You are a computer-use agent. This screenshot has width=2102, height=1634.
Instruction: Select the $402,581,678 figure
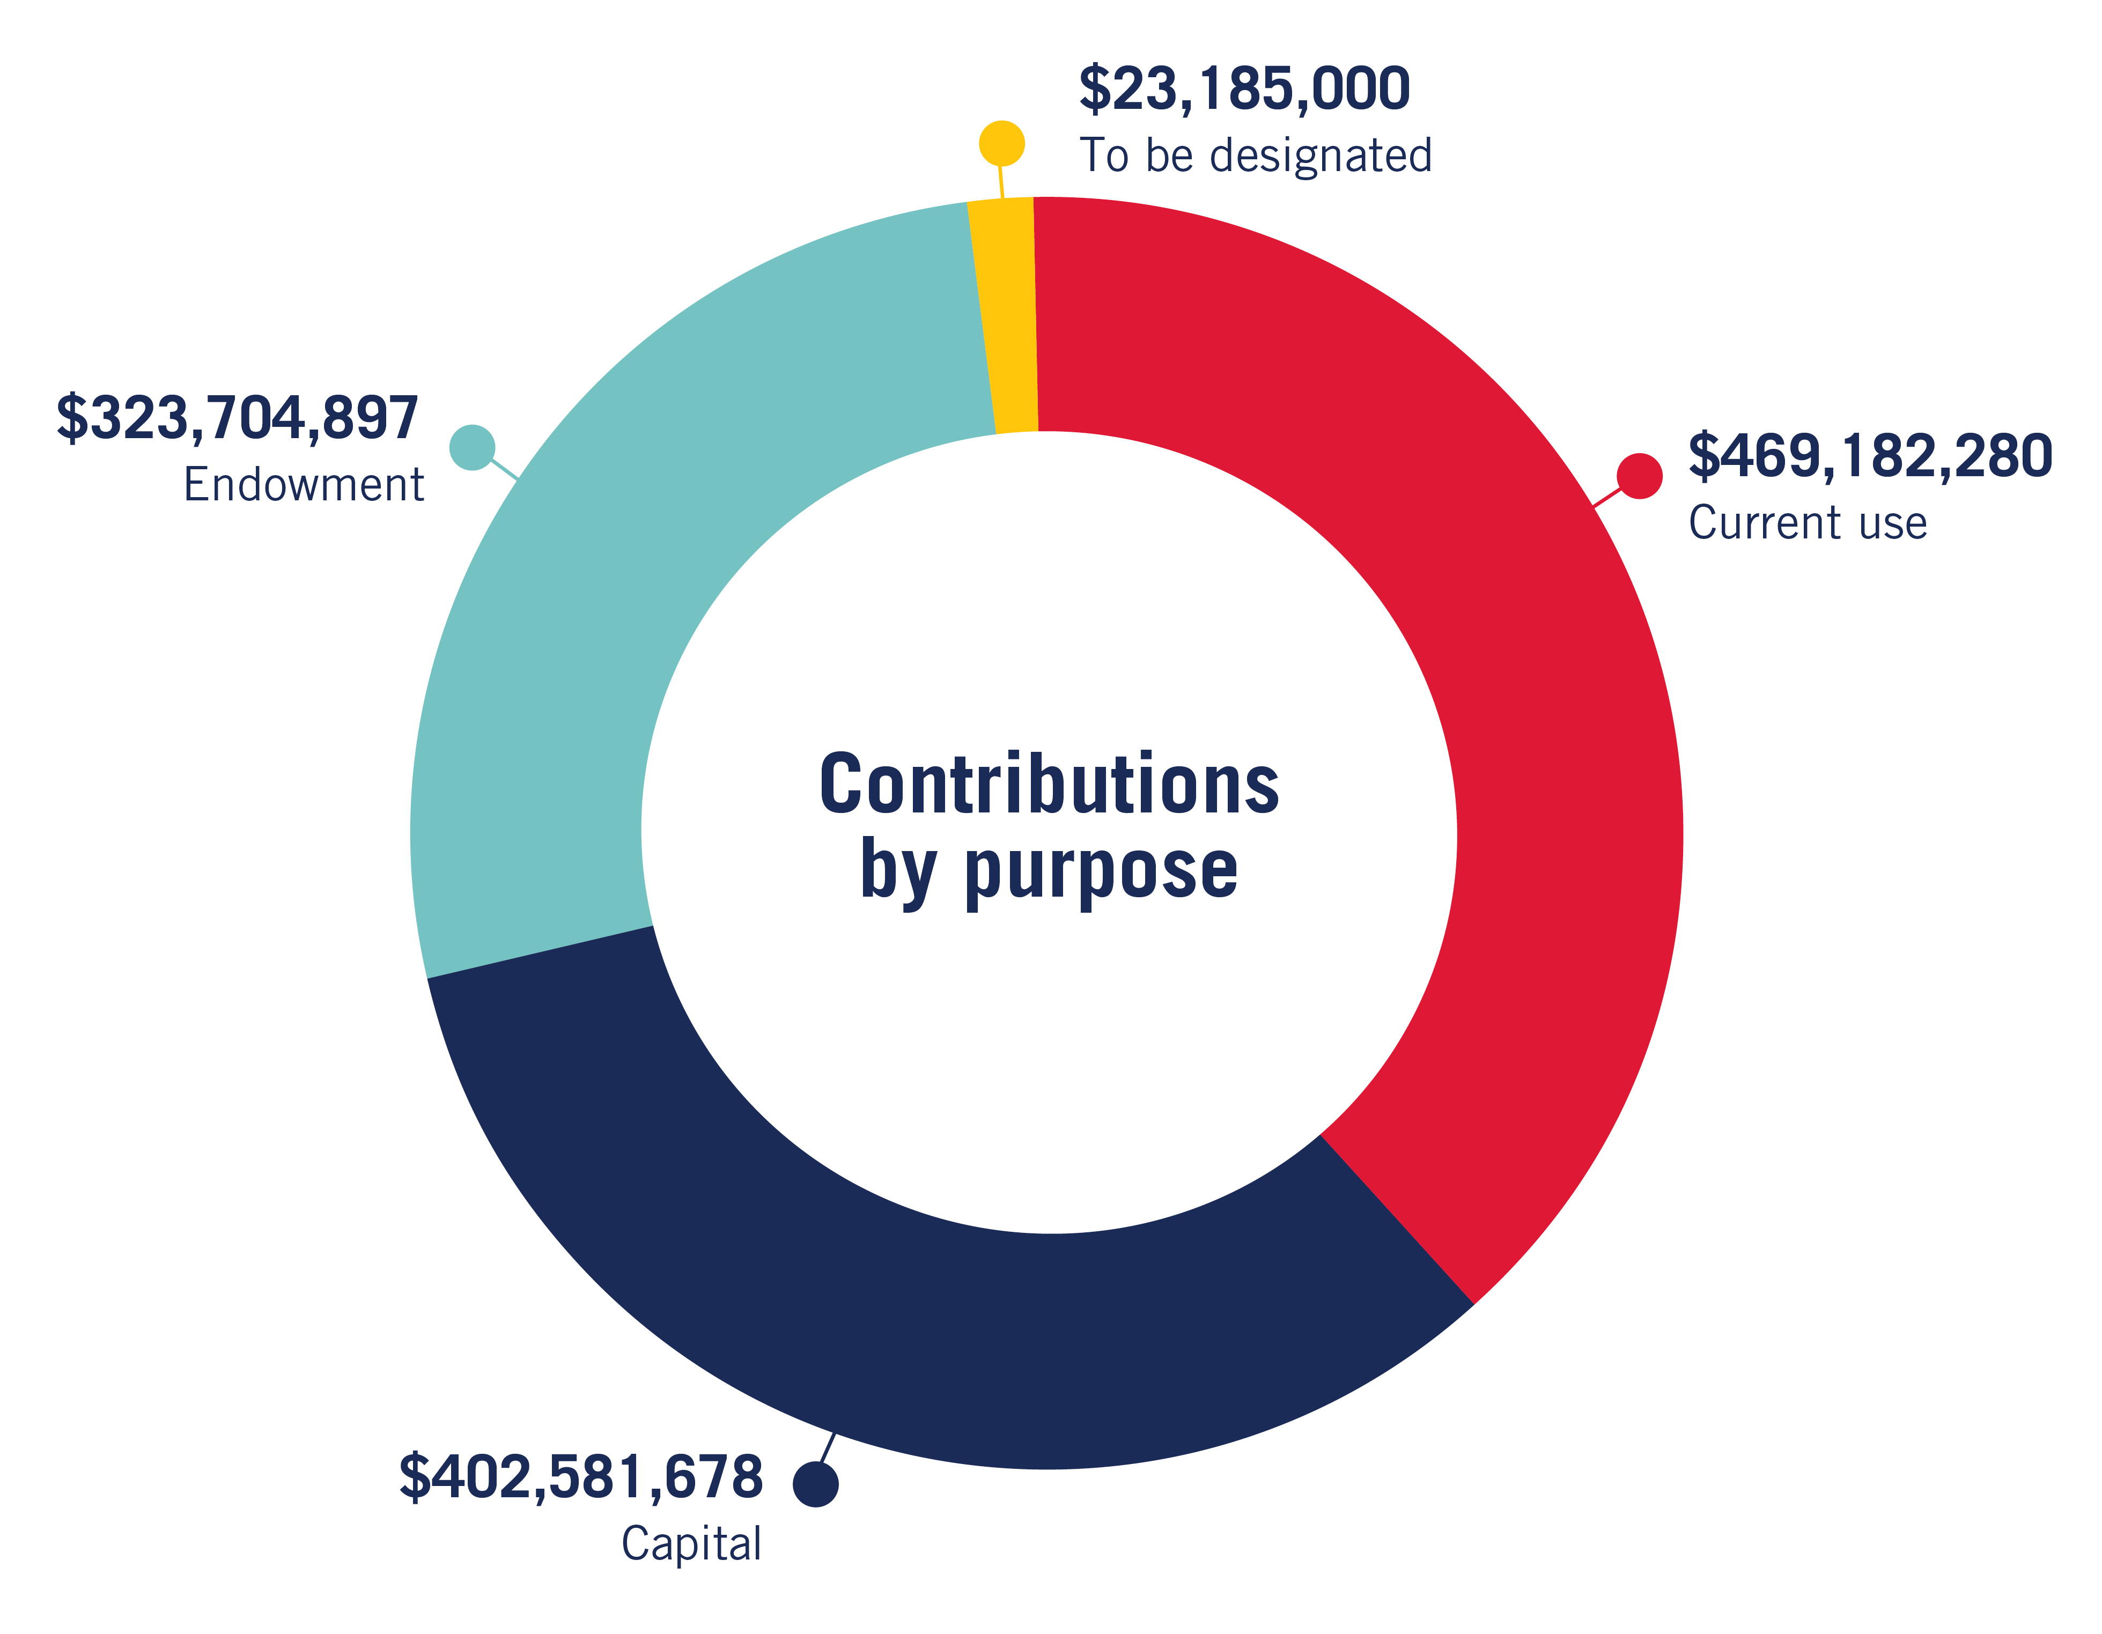(x=581, y=1477)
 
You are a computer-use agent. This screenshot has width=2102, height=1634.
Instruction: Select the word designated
(x=1321, y=156)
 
